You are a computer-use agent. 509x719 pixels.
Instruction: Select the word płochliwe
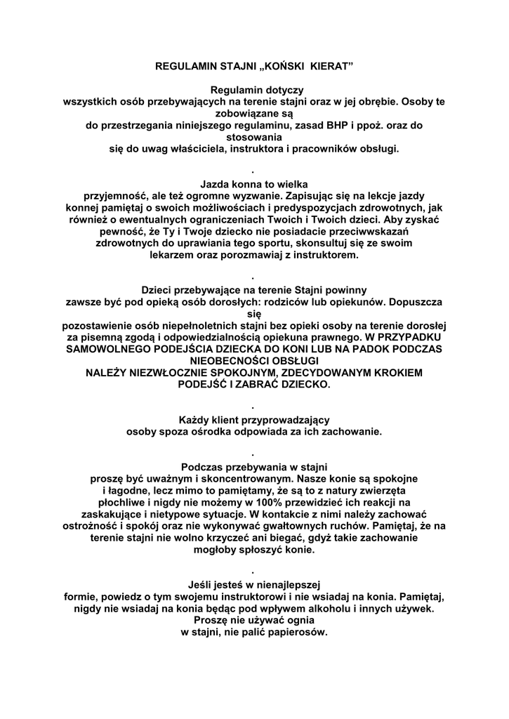click(124, 503)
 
